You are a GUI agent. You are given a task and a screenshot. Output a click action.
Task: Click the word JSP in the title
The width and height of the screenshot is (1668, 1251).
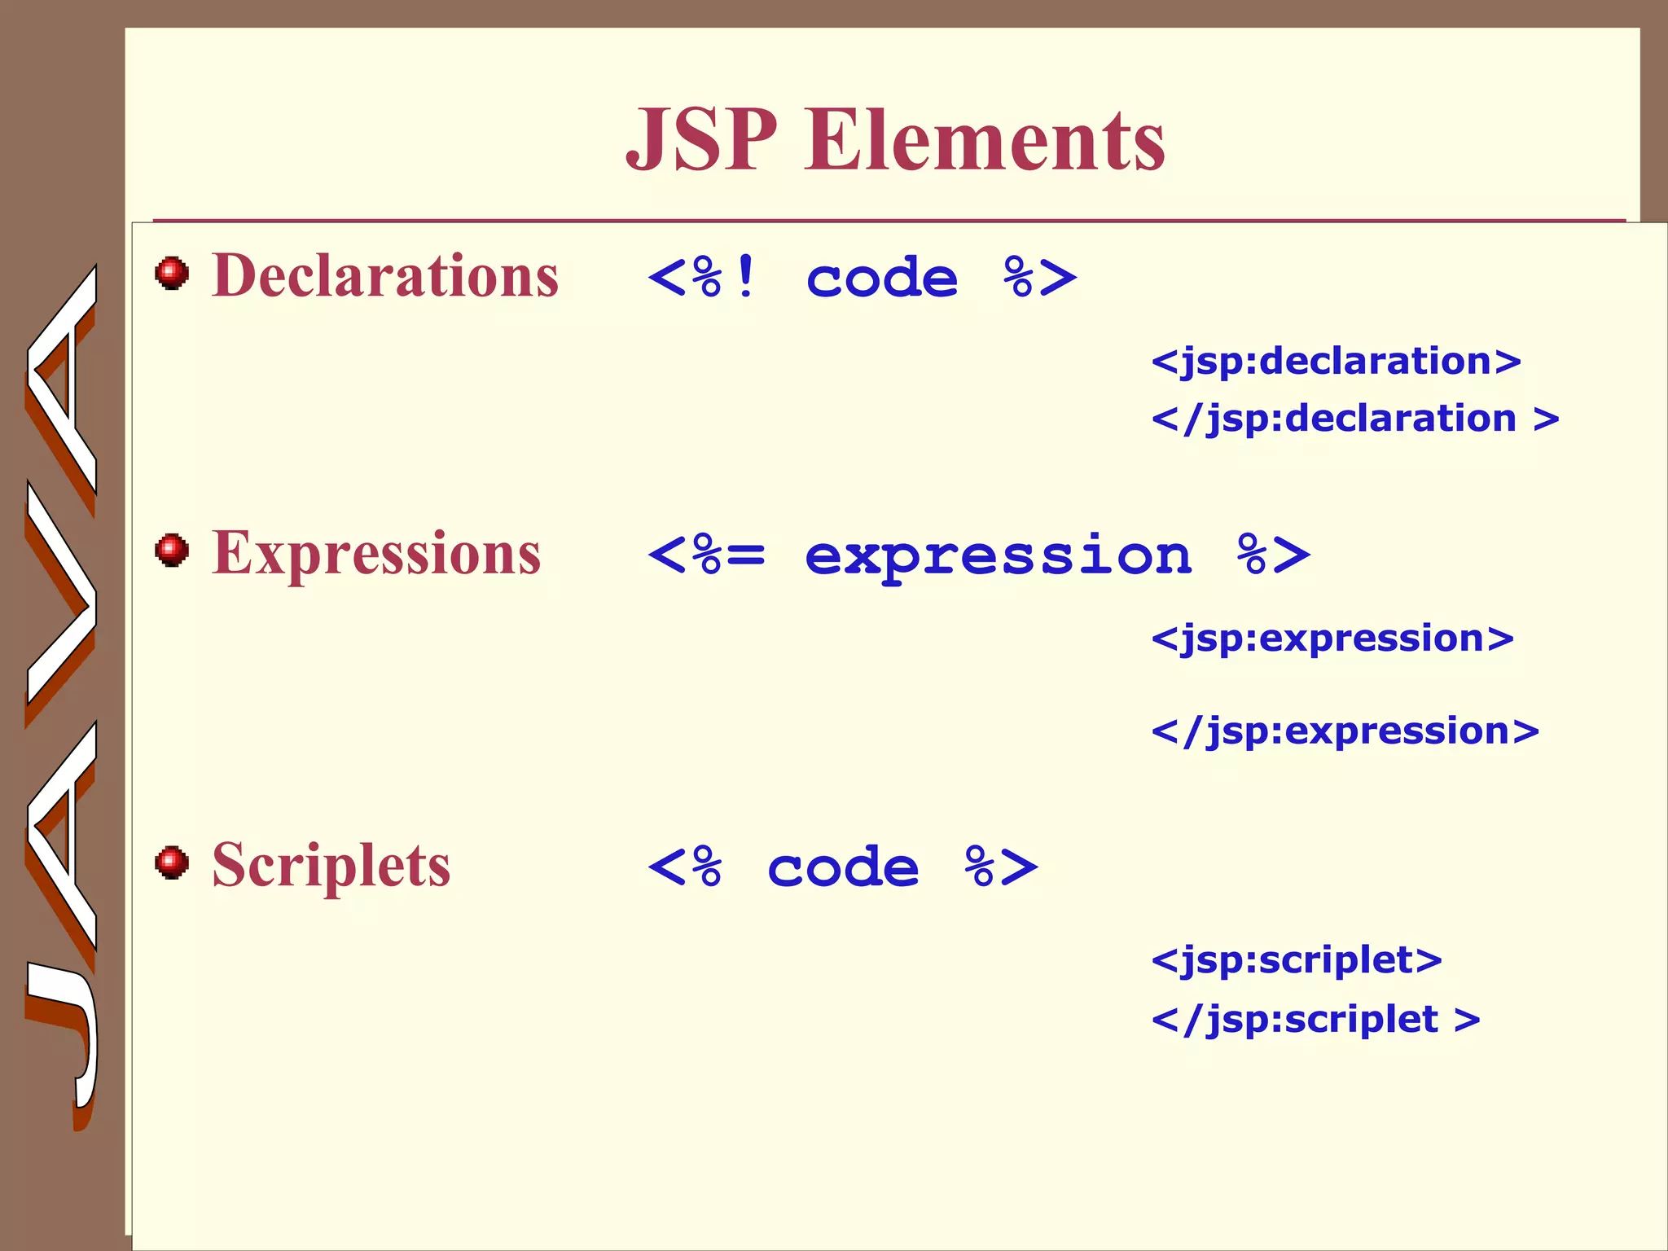(x=701, y=140)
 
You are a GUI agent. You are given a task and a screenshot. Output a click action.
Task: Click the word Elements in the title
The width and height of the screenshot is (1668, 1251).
(x=985, y=140)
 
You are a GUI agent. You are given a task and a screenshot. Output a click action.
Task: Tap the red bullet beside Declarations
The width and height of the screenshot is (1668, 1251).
(x=172, y=273)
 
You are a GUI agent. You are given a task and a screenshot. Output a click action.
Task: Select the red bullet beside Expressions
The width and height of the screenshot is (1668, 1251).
(x=172, y=551)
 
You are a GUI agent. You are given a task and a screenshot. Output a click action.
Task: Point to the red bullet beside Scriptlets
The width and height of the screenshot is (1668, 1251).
(x=172, y=863)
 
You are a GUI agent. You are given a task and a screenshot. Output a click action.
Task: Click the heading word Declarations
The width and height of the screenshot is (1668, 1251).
(x=385, y=276)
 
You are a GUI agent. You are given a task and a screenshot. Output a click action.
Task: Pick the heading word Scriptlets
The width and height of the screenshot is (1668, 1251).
(x=331, y=866)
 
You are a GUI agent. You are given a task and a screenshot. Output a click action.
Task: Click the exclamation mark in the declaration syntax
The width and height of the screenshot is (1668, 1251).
(x=745, y=277)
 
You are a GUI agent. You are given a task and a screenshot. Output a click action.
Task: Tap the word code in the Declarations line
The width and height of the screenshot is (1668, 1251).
(x=881, y=279)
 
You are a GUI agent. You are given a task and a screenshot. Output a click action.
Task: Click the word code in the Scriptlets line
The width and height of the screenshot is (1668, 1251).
(x=843, y=868)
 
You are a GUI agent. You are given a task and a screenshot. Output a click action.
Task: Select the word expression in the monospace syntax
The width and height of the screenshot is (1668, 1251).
(x=998, y=557)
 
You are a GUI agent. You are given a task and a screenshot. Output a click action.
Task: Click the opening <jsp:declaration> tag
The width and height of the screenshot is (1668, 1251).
(x=1336, y=361)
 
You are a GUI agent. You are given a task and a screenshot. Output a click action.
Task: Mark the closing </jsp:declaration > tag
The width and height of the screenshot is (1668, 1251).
(x=1354, y=419)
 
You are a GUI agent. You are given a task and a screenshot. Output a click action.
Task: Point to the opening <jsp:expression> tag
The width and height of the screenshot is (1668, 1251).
(x=1332, y=639)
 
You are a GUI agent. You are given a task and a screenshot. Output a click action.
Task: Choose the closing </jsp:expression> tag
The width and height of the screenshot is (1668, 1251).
(x=1345, y=731)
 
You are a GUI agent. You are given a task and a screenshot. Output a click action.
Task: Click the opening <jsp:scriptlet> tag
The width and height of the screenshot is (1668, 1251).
(x=1297, y=960)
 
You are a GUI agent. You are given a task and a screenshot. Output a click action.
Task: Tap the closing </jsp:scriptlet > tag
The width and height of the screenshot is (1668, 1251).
(x=1315, y=1020)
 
